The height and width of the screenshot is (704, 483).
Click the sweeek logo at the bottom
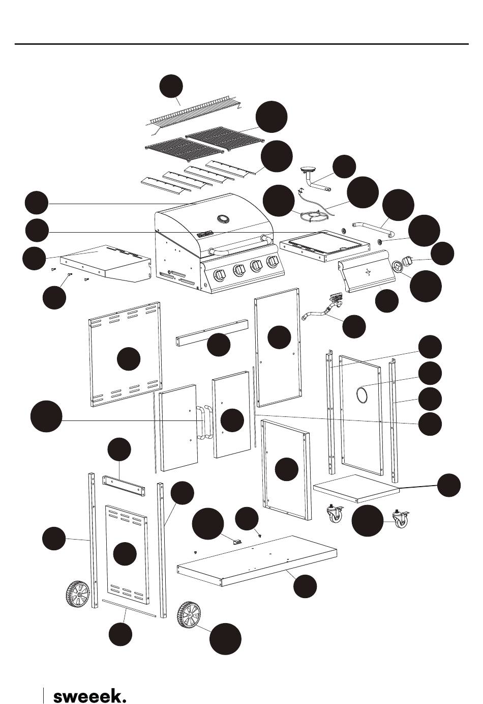coord(89,696)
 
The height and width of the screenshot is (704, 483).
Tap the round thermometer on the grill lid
coord(223,219)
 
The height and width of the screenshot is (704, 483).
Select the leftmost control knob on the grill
coord(219,275)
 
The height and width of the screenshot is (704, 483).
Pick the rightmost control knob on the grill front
coord(274,262)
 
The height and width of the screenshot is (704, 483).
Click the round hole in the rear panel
coord(363,394)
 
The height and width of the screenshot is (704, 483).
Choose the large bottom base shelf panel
coord(257,558)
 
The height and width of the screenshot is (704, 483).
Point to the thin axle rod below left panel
coord(128,608)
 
